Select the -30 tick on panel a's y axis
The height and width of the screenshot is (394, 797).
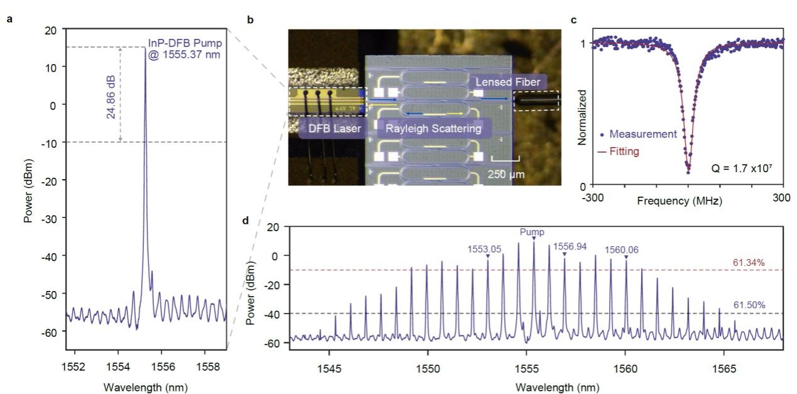50,217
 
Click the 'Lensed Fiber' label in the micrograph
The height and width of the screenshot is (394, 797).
507,82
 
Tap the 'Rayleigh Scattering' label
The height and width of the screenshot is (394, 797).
433,129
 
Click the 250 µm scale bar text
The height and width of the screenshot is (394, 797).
505,174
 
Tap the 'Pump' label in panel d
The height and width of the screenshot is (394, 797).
532,232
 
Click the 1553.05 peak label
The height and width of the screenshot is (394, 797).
484,249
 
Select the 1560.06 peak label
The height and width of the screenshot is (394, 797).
621,249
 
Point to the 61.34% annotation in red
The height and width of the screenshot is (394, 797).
749,263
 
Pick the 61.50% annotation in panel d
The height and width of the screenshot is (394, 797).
749,305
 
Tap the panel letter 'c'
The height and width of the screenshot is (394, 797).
573,20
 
